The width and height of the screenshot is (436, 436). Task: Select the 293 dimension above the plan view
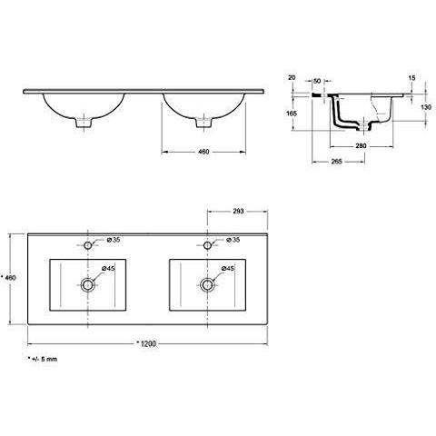[238, 211]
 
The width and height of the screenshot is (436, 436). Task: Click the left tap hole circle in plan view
[88, 245]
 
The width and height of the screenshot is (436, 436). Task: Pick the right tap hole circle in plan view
[207, 245]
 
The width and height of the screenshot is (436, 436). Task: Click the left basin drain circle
[88, 284]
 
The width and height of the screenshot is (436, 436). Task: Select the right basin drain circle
[207, 284]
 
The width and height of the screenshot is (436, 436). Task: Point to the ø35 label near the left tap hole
[114, 240]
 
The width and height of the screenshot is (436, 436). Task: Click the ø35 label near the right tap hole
[233, 240]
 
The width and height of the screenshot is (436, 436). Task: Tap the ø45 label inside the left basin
[108, 268]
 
